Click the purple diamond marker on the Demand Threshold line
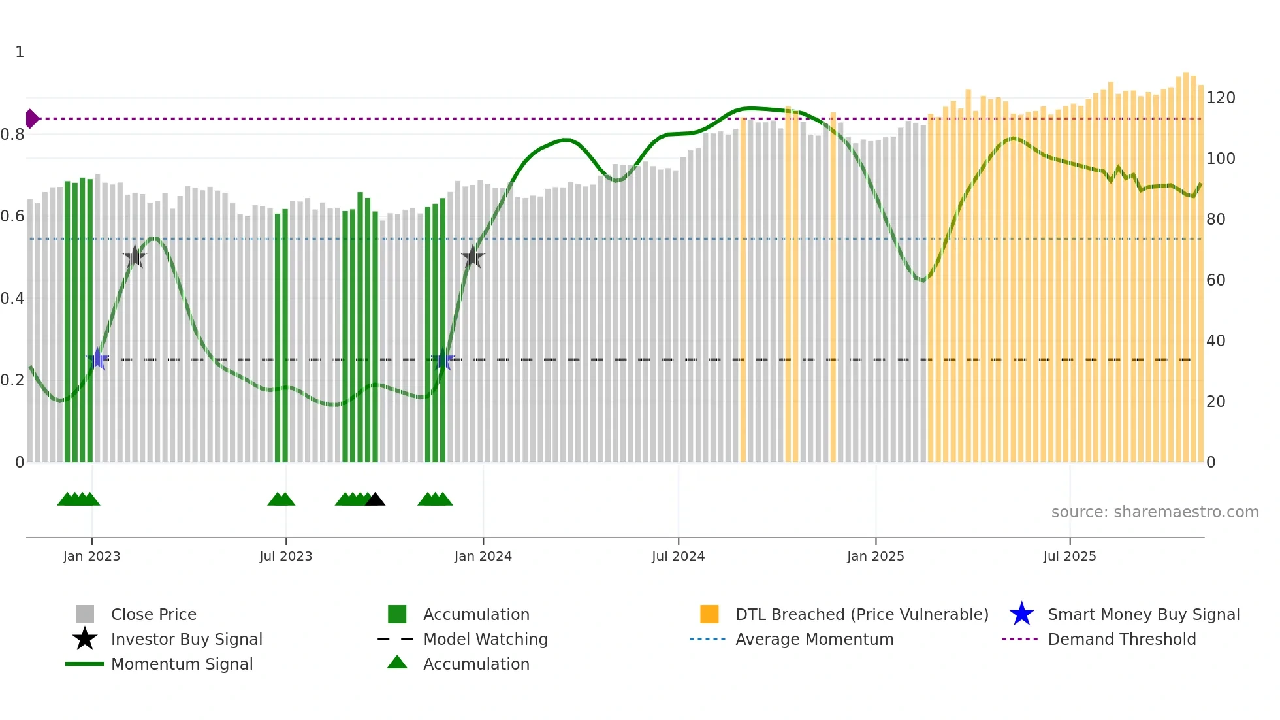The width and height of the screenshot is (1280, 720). (x=31, y=119)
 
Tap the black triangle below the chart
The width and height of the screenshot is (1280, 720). (x=375, y=500)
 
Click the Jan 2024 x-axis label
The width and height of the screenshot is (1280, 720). (x=483, y=556)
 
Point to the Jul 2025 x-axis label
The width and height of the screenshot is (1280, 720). (x=1069, y=556)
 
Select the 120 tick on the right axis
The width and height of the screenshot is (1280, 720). (x=1220, y=98)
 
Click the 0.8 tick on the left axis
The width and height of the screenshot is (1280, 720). (x=13, y=135)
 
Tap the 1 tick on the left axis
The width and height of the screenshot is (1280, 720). (x=20, y=52)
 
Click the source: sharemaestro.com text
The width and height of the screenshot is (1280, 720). (x=1155, y=512)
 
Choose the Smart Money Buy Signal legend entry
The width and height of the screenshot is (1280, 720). (x=1143, y=614)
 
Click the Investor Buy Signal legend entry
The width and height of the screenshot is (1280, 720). (x=186, y=639)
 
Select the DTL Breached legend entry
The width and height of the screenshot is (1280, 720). (x=861, y=614)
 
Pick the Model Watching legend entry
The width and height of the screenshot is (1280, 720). (x=485, y=639)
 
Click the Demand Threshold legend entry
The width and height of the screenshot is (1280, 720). (x=1121, y=639)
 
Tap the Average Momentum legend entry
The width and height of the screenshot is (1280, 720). (x=814, y=639)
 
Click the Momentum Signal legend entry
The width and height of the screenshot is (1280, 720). (x=182, y=664)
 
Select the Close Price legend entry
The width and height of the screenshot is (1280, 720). (x=153, y=614)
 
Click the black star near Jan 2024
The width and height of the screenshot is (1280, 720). (x=472, y=257)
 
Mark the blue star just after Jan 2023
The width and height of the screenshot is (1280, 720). (x=98, y=359)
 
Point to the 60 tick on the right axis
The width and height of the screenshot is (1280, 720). (x=1215, y=280)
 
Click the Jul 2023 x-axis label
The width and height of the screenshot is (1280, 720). (x=285, y=556)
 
